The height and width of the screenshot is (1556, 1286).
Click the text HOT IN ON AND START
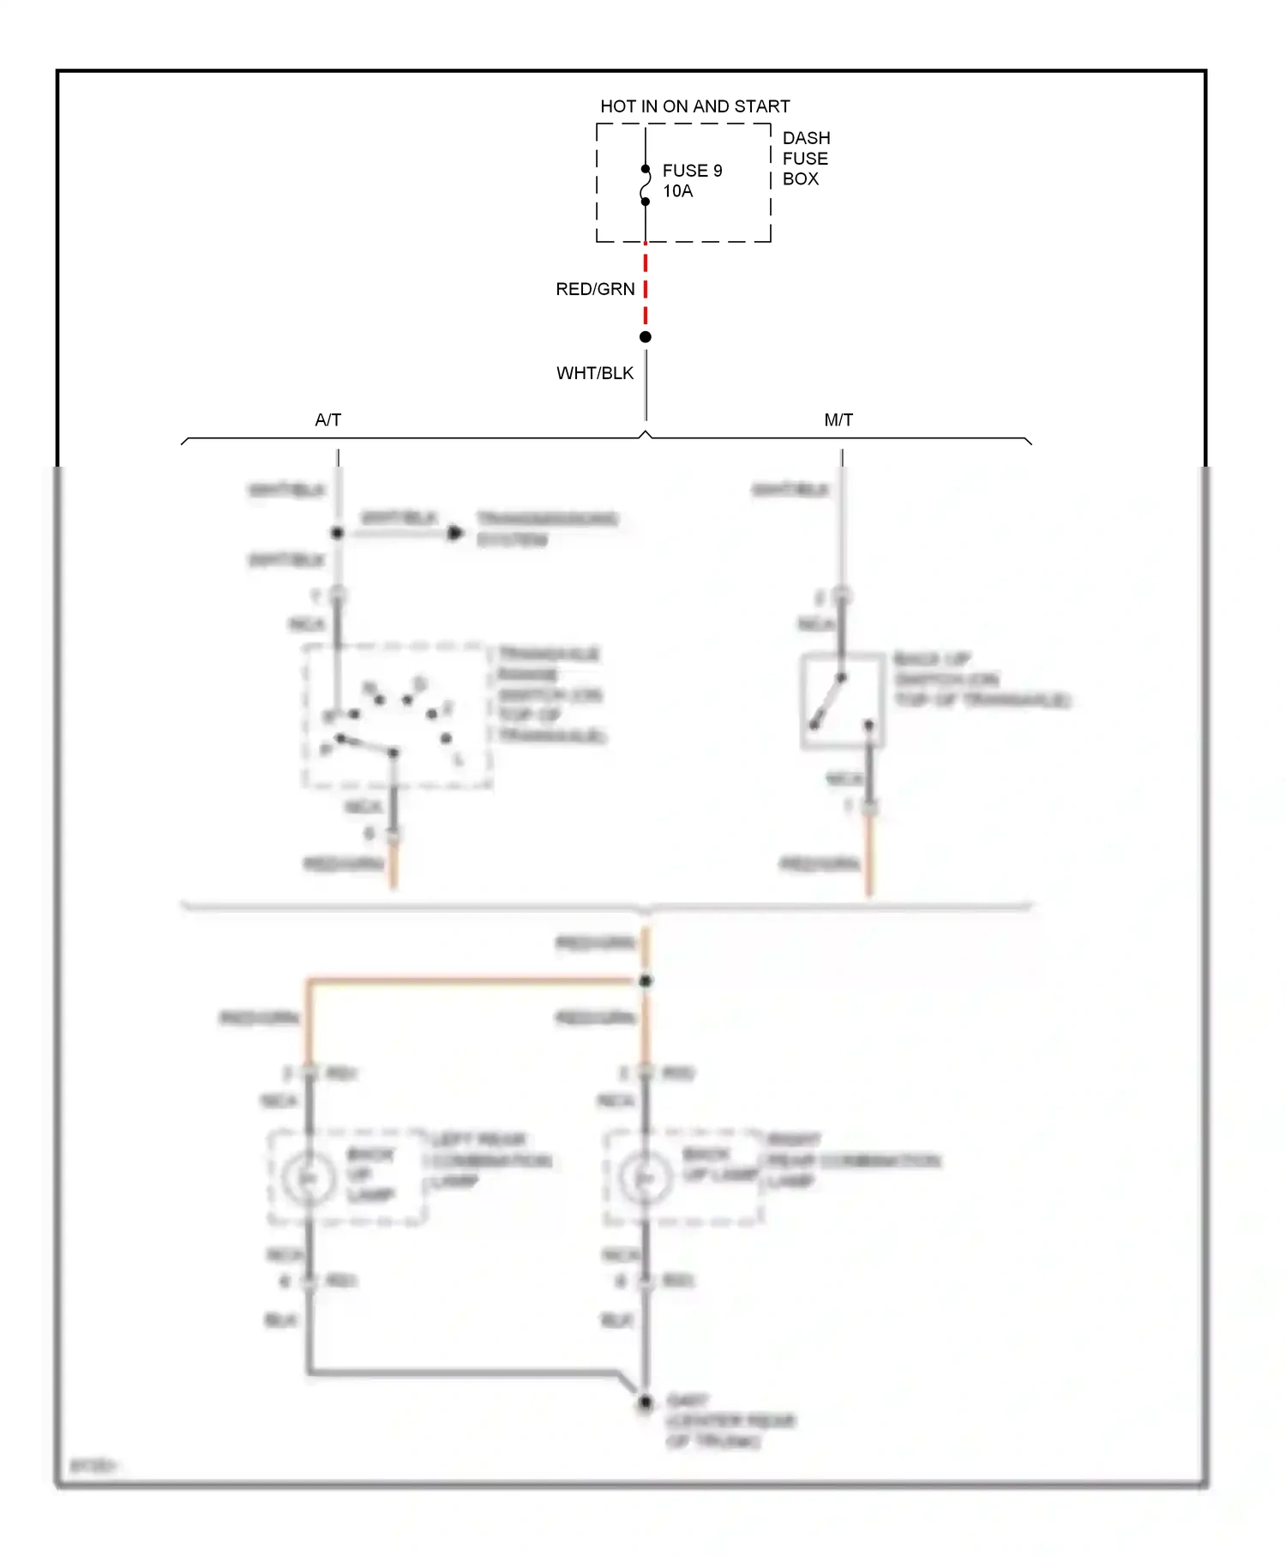[x=694, y=106]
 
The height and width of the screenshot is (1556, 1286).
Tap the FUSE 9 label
[x=692, y=171]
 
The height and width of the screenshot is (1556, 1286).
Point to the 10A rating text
[x=677, y=191]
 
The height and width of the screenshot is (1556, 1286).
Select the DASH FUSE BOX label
[x=805, y=159]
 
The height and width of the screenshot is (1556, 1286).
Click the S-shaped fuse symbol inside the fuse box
[x=646, y=186]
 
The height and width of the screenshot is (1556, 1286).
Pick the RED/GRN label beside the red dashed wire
[x=595, y=289]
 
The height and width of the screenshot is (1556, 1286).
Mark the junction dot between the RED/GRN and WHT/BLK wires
[x=646, y=337]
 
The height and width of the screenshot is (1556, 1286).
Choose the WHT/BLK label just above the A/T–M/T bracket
[x=594, y=373]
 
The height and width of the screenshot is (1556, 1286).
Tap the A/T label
[x=328, y=419]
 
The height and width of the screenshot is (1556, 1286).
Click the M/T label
[x=838, y=419]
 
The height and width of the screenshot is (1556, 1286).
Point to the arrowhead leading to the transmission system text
[x=455, y=534]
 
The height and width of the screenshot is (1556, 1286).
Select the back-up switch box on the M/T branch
[x=842, y=701]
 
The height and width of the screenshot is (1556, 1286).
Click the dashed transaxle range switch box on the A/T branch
[x=396, y=715]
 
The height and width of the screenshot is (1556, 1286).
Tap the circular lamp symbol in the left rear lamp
[x=308, y=1179]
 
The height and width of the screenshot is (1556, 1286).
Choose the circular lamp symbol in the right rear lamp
[x=645, y=1179]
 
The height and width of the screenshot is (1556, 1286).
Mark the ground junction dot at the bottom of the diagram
[x=646, y=1402]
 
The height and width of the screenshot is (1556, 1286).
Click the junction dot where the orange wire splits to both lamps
[x=646, y=980]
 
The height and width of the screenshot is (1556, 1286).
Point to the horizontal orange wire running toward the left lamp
[x=472, y=979]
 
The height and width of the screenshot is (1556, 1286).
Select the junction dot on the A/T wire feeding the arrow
[x=338, y=533]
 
